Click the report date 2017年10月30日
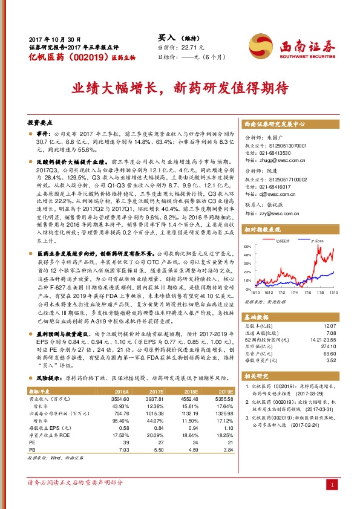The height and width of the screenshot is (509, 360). pos(47,37)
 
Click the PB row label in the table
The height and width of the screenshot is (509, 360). pos(32,449)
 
